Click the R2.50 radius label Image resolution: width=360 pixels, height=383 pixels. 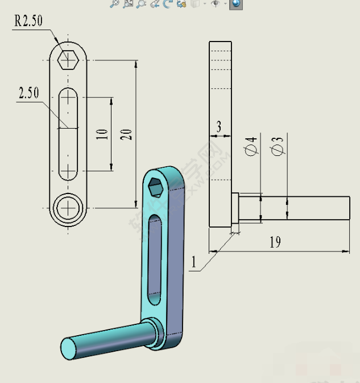point(28,21)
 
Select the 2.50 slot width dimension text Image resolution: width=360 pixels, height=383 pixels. point(28,93)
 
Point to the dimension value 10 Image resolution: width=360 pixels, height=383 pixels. point(102,134)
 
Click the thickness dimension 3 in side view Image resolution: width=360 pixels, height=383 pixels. point(218,127)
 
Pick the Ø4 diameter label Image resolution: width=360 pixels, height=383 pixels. point(251,147)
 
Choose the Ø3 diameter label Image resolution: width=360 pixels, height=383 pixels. point(278,147)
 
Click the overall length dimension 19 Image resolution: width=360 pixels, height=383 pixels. point(275,242)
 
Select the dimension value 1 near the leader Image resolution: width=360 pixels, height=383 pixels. point(193,262)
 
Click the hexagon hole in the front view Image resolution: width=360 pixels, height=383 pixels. point(68,59)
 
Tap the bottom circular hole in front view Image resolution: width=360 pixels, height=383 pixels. point(68,208)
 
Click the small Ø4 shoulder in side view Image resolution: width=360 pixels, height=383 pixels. point(234,209)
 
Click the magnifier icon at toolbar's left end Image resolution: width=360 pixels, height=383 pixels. point(114,3)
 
